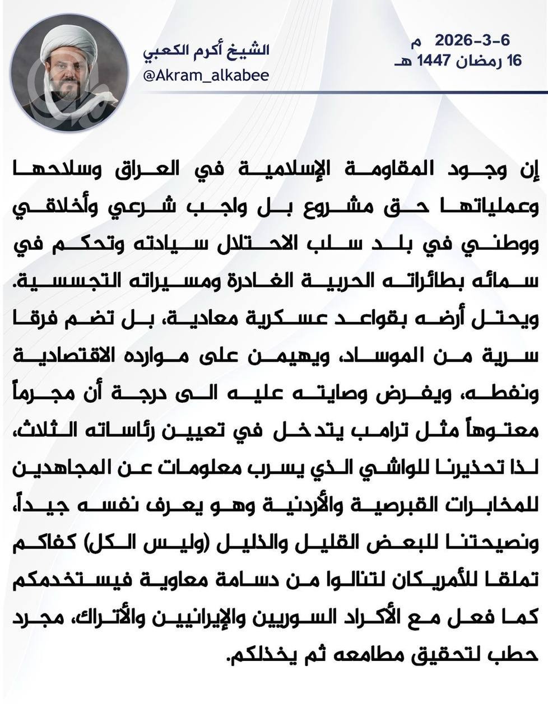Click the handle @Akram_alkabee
[206, 76]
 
